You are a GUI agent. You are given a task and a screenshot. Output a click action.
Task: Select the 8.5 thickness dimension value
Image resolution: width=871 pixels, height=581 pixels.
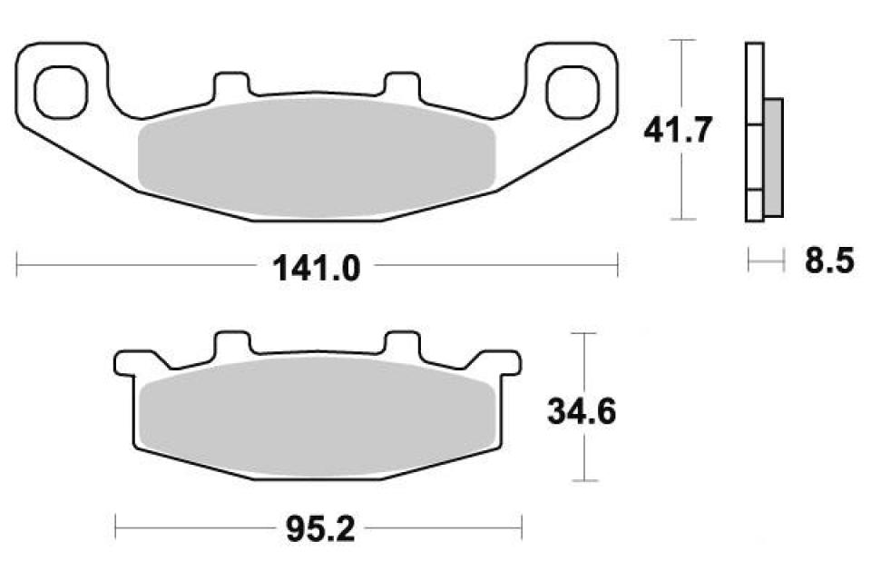click(828, 262)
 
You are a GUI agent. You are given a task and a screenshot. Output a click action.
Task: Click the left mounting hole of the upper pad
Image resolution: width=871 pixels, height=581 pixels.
click(61, 87)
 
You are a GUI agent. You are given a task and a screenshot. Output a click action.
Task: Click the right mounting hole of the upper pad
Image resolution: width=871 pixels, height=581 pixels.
click(573, 87)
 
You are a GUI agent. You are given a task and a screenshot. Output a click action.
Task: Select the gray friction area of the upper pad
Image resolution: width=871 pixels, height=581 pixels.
click(316, 158)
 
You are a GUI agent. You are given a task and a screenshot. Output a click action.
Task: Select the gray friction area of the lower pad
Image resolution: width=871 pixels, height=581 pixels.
click(316, 417)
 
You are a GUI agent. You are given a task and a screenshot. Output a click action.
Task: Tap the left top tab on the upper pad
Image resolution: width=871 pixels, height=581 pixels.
click(230, 84)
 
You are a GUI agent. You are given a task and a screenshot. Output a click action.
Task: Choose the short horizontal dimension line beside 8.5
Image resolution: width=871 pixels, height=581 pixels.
click(765, 262)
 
